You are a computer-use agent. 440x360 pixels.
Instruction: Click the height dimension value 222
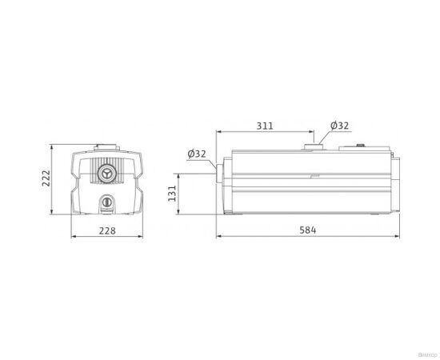click(46, 179)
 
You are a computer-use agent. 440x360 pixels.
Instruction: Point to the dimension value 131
click(171, 192)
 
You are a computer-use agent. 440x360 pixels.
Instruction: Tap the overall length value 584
click(308, 230)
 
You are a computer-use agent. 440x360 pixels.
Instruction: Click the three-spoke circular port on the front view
click(106, 172)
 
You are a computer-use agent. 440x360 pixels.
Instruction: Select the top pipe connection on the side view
click(311, 146)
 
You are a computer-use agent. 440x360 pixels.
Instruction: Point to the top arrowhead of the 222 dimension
click(54, 147)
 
